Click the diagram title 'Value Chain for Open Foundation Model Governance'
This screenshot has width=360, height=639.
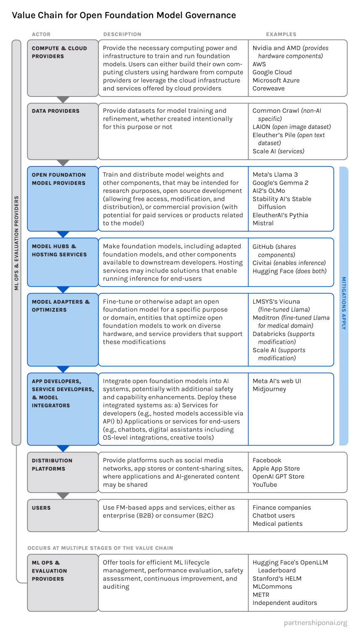pos(124,16)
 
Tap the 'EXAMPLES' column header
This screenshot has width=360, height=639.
pos(281,35)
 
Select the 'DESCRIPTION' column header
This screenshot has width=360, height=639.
pos(122,35)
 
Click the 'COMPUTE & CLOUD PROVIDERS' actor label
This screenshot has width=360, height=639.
pos(59,52)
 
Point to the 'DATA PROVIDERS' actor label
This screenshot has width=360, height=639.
pos(56,111)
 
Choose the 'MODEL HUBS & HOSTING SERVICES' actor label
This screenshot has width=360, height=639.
pos(59,250)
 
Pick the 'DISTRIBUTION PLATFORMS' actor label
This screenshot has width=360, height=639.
pos(52,465)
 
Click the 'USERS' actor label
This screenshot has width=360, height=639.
pos(41,508)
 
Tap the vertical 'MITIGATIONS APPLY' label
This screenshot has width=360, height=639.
pos(344,303)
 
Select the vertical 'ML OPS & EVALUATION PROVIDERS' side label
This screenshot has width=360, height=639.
pos(17,243)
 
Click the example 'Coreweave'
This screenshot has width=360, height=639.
pos(269,89)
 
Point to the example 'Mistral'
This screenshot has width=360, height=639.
pos(263,223)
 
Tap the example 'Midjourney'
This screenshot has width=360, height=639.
pos(269,389)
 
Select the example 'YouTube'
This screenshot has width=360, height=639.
pos(265,485)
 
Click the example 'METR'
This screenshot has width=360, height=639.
pos(261,595)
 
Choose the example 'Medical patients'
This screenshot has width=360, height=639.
pos(278,524)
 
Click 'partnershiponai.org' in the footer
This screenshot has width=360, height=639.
pos(316,623)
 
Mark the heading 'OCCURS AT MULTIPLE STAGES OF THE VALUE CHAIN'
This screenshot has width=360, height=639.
pos(100,548)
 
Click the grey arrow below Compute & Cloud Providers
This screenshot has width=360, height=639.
pos(63,100)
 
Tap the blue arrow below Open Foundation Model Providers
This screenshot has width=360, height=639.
pos(63,234)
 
